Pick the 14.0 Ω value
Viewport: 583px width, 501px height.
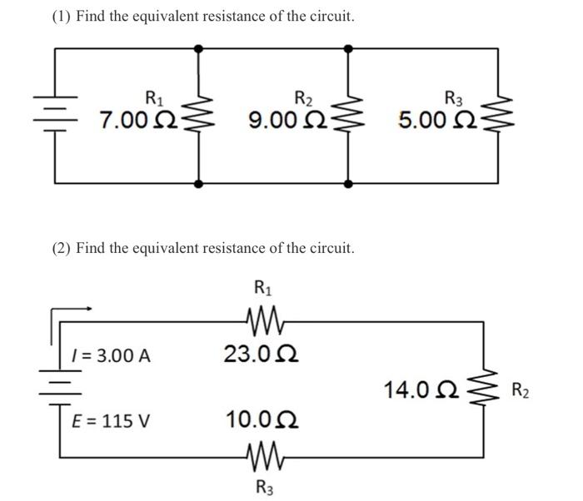(420, 389)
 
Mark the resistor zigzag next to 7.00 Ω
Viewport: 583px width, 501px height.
(198, 115)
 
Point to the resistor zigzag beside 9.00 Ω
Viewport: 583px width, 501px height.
(347, 115)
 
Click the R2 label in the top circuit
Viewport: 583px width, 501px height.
(304, 97)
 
